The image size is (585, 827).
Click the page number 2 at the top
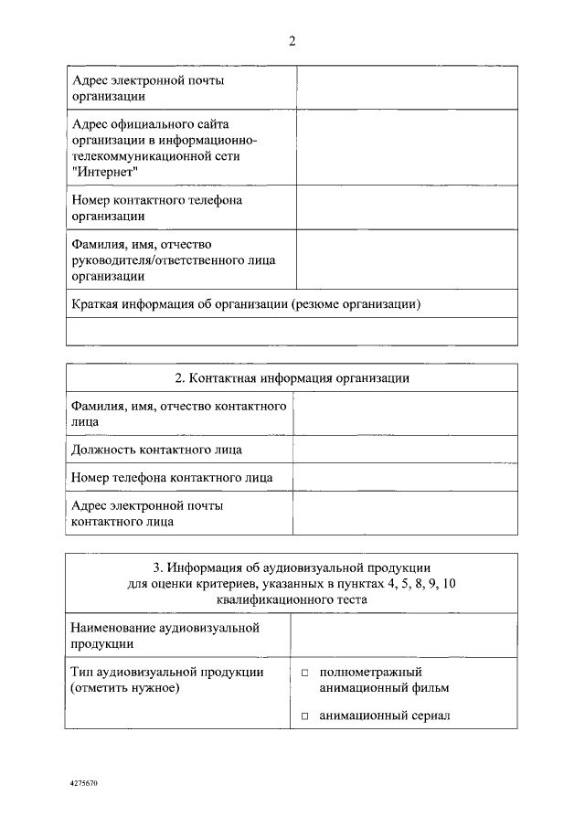292,41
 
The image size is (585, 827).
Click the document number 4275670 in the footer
83,783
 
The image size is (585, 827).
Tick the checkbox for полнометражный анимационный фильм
306,673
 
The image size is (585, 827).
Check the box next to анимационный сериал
306,716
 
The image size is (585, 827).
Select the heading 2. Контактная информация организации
292,378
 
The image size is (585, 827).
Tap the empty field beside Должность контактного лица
404,450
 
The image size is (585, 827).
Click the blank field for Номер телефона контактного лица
404,478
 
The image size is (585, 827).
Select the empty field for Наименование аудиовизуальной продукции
403,635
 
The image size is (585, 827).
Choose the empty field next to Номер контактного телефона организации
407,207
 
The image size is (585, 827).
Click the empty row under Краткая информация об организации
292,331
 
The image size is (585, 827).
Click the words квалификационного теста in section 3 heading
292,600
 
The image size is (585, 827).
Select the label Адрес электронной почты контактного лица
146,514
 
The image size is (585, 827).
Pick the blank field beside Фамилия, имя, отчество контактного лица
404,414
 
